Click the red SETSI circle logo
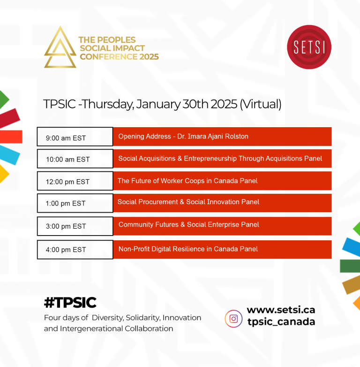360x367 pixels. tap(309, 47)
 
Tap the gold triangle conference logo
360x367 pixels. tap(60, 56)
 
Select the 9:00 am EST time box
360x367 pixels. tap(75, 137)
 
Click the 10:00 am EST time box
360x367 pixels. tap(75, 159)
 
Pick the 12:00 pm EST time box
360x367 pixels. tap(75, 181)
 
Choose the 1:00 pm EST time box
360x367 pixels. tap(75, 203)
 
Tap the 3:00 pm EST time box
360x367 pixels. tap(75, 226)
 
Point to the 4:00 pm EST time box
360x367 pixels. tap(75, 250)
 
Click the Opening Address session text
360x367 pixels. tap(183, 137)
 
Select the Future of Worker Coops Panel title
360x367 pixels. tap(187, 181)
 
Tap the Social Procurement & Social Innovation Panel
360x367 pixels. tap(188, 202)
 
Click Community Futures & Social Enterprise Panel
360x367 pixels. tap(188, 224)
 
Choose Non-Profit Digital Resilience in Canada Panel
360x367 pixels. tap(188, 249)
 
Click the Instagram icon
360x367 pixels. tap(233, 319)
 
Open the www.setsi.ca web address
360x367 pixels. tap(281, 310)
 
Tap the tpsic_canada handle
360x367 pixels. tap(281, 321)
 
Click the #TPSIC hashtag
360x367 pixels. tap(70, 302)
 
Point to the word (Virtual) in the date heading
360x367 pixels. tap(261, 104)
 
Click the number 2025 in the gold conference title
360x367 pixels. tap(149, 57)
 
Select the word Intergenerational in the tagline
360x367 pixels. tap(91, 329)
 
